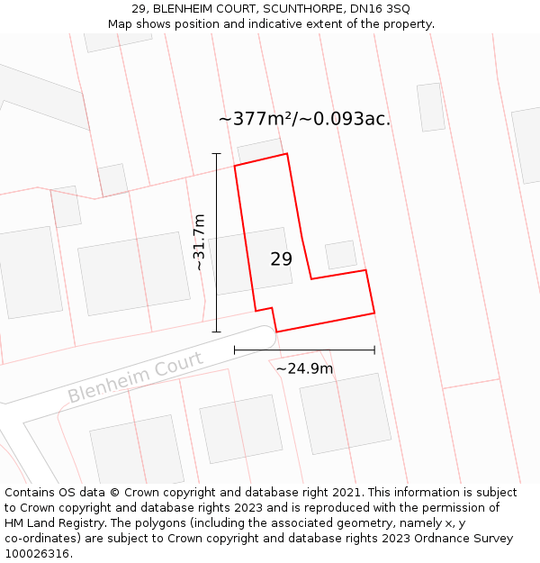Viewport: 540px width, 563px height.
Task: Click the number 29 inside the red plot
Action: click(x=281, y=259)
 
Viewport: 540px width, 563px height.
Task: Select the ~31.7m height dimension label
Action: click(x=200, y=242)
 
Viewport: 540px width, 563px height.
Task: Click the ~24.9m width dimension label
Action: click(x=304, y=368)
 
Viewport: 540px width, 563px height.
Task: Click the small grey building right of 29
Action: click(x=341, y=255)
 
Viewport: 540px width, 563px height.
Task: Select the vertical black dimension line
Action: click(x=216, y=243)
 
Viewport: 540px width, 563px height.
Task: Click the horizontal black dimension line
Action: click(x=304, y=350)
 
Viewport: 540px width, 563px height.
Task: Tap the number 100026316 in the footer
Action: click(x=39, y=554)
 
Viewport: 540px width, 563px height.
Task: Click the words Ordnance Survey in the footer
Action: click(x=464, y=539)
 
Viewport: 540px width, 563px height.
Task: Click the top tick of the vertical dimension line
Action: click(x=216, y=154)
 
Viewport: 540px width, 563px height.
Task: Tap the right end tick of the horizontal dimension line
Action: click(x=374, y=350)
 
